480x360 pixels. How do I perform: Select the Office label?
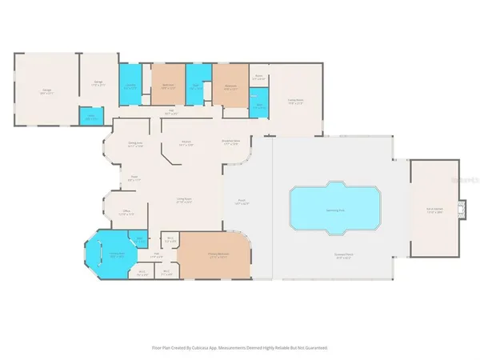[126, 212]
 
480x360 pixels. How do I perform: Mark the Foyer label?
[134, 179]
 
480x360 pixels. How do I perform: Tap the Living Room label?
[186, 201]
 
